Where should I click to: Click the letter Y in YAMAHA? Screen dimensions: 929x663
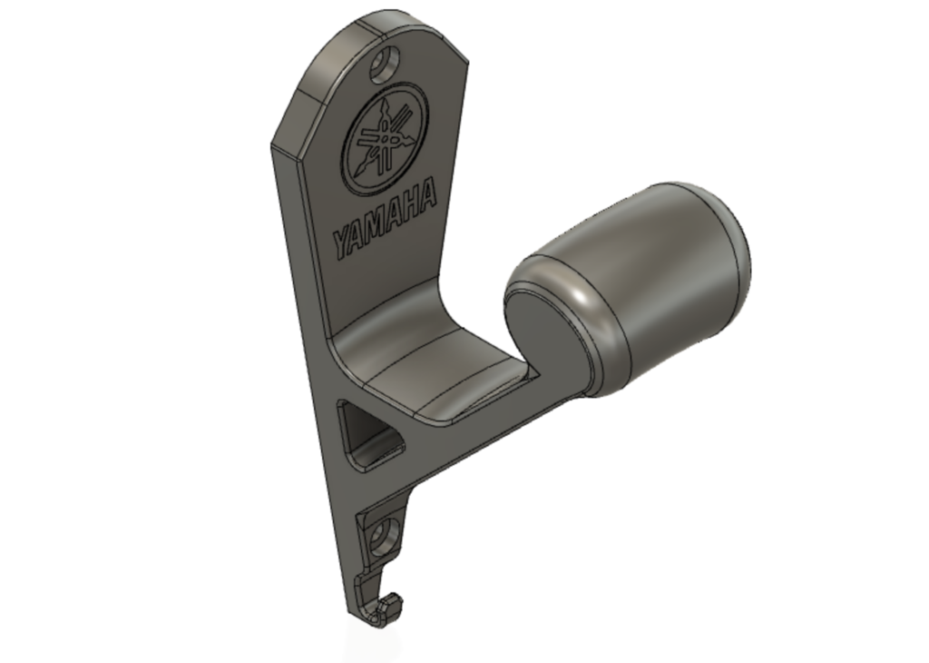pyautogui.click(x=343, y=243)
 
